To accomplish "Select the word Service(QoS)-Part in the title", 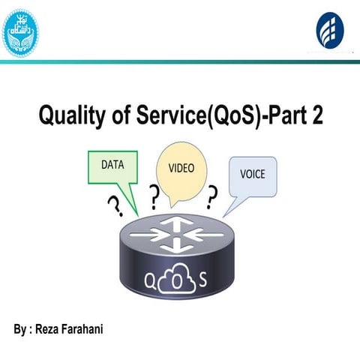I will [222, 117].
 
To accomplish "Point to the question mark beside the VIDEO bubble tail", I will [154, 198].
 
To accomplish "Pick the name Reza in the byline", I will [48, 328].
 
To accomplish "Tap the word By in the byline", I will [19, 328].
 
